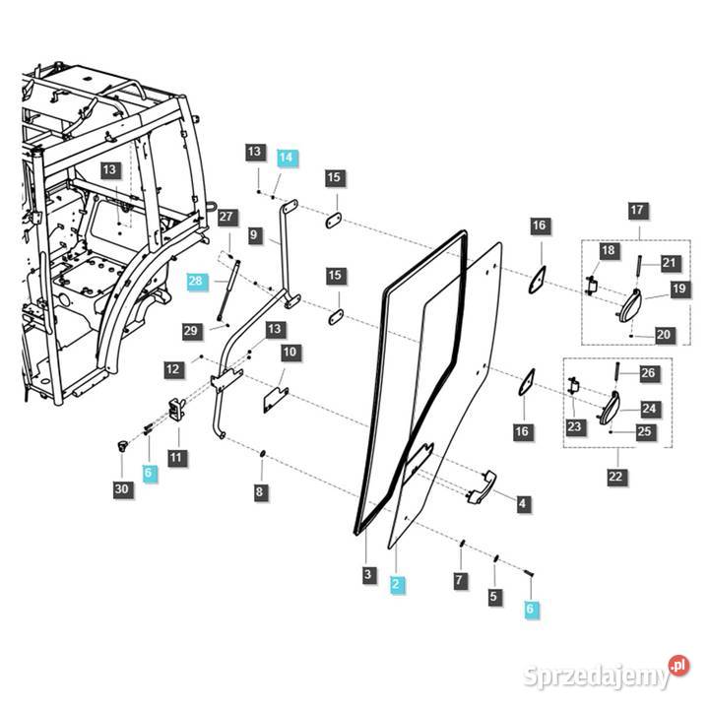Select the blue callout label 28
tap(196, 282)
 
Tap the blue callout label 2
tap(395, 584)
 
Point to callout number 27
tap(226, 217)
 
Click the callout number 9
tap(254, 235)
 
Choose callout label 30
tap(121, 488)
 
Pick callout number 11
tap(175, 457)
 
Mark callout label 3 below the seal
tap(367, 574)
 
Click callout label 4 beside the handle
tap(522, 504)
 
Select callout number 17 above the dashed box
tap(637, 210)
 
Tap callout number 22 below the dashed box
tap(615, 478)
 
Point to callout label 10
tap(290, 352)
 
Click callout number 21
tap(669, 262)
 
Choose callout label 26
tap(648, 373)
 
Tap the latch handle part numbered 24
tap(610, 408)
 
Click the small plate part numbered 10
tap(274, 398)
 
